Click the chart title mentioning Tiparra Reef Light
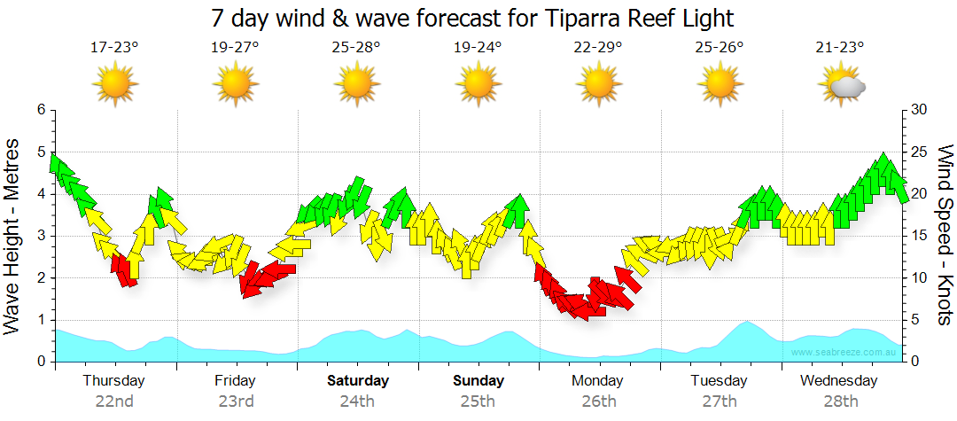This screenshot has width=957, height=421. click(x=473, y=17)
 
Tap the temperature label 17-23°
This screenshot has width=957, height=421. click(x=115, y=48)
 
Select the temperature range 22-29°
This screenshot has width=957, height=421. click(x=598, y=48)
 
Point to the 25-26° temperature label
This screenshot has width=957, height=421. click(x=720, y=48)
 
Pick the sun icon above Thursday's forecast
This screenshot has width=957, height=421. click(x=115, y=85)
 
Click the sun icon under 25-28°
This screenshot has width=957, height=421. click(x=357, y=85)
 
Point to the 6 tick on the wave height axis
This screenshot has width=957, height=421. click(x=41, y=110)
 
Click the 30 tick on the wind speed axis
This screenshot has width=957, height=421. click(x=919, y=110)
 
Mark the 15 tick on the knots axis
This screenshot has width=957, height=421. click(x=919, y=236)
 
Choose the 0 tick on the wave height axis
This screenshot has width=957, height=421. click(x=41, y=362)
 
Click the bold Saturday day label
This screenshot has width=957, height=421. click(x=357, y=381)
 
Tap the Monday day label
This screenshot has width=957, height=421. click(x=598, y=381)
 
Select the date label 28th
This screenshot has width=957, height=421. click(x=840, y=401)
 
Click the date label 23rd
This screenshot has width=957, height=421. click(x=236, y=401)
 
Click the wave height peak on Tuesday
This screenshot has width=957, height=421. click(x=746, y=323)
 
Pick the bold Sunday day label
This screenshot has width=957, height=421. click(x=478, y=381)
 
